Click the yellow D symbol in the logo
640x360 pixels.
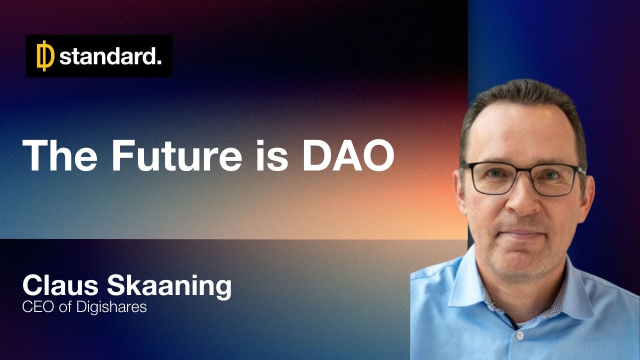click(45, 56)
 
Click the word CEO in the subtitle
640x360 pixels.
click(39, 306)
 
